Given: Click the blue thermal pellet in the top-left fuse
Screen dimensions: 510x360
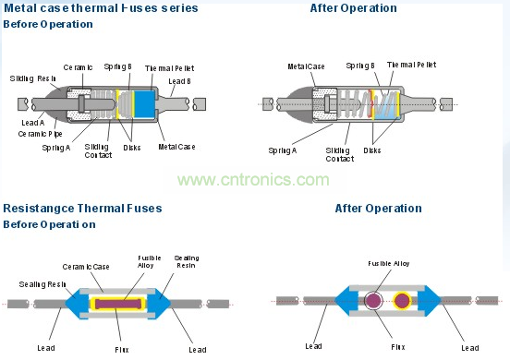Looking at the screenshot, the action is [144, 104].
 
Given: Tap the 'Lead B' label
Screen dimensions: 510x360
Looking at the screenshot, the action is [179, 81].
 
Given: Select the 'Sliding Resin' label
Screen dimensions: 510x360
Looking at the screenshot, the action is [32, 78].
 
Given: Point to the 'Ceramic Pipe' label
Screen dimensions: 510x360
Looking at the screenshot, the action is [40, 134].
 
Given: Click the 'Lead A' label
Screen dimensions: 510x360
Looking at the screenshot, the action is [33, 123].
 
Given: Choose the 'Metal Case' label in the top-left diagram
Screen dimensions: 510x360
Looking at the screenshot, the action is [176, 147].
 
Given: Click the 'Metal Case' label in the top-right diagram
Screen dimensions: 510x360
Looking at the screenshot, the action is [306, 66].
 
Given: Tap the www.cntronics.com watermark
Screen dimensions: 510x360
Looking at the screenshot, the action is [253, 180].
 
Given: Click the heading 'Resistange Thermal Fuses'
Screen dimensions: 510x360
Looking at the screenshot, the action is [82, 209].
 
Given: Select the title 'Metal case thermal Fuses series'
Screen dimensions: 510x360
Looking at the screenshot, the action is [101, 7].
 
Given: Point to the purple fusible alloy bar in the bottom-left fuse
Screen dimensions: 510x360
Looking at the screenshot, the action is [118, 304].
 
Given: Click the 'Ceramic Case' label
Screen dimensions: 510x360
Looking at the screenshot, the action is [86, 267].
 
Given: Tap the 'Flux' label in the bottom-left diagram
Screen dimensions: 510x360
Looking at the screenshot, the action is [122, 350].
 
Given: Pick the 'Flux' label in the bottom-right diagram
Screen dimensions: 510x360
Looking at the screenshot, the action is [398, 347].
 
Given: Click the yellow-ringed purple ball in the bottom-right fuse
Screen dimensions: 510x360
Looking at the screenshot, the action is [402, 301].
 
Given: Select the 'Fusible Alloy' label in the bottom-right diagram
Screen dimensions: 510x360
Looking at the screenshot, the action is [389, 263].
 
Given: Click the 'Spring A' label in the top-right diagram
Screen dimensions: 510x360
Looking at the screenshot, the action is [283, 150].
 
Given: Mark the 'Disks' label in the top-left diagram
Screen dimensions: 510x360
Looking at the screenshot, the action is [132, 148].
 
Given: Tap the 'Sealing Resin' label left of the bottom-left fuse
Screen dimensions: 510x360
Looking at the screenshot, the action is [42, 284].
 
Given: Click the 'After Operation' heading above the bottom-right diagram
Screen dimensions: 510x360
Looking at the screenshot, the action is [378, 209].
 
